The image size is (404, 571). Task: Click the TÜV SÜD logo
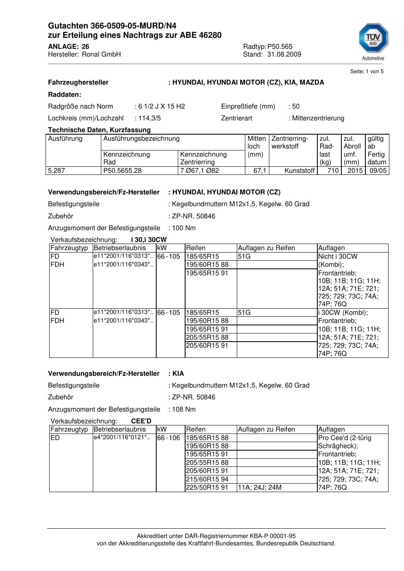[x=373, y=40]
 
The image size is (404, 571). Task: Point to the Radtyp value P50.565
[x=280, y=46]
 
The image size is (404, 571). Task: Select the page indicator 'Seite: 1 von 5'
[x=367, y=72]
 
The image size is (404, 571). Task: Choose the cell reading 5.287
[x=57, y=171]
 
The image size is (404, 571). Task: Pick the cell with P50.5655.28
[x=122, y=171]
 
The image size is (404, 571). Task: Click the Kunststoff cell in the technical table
[x=299, y=171]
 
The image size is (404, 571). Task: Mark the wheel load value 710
[x=333, y=171]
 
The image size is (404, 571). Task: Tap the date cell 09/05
[x=378, y=171]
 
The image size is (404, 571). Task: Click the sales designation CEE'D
[x=141, y=421]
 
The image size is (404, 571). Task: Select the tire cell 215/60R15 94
[x=207, y=479]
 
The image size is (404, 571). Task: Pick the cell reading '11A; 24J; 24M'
[x=260, y=488]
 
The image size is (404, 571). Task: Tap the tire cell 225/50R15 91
[x=207, y=488]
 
